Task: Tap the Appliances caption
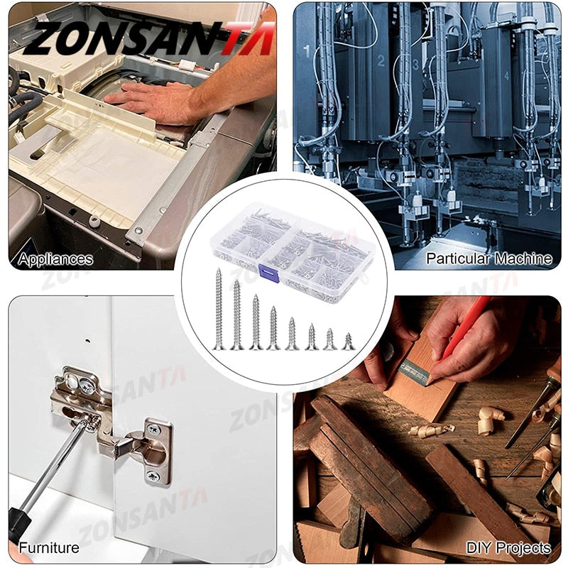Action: click(56, 259)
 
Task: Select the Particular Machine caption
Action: click(488, 259)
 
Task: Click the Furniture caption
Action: click(49, 547)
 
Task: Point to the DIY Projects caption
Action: click(508, 547)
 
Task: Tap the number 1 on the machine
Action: click(307, 51)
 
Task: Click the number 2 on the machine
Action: click(381, 60)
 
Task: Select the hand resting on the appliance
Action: click(153, 100)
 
